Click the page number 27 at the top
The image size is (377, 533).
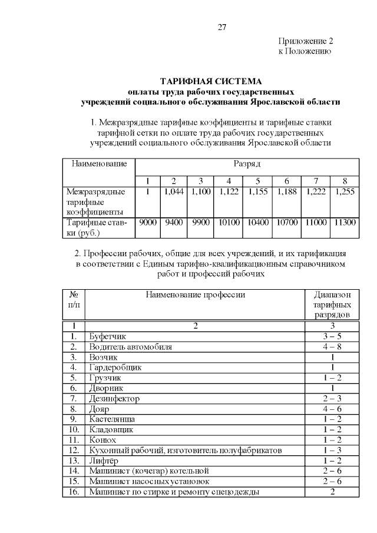tap(222, 27)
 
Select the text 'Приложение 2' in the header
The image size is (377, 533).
tap(305, 41)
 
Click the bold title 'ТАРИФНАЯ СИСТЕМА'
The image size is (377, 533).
tap(211, 81)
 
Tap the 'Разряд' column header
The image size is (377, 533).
tap(246, 163)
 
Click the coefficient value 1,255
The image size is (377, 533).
tap(345, 191)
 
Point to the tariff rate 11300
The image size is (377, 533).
tap(345, 223)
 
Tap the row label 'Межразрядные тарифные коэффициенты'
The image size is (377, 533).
tap(95, 201)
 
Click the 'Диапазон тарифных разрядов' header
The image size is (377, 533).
tap(333, 304)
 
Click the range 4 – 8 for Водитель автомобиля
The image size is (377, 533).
tap(333, 347)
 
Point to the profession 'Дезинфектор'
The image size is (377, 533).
tap(114, 399)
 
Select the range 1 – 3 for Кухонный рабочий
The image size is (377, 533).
tap(333, 451)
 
